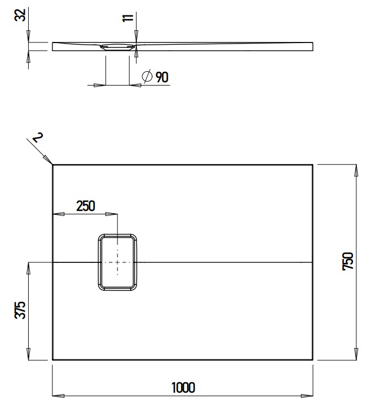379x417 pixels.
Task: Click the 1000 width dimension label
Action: coord(183,388)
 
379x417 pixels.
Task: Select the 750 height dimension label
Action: coord(348,262)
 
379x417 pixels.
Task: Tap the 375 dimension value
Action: coord(20,310)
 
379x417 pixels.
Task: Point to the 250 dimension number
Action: coord(86,206)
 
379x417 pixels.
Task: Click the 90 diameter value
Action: coord(162,77)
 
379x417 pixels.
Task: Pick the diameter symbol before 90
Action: coord(147,77)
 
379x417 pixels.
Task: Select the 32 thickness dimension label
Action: coord(20,15)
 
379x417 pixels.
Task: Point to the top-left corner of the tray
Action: coord(52,165)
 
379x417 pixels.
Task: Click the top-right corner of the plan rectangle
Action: coord(313,165)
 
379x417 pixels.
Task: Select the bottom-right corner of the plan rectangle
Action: coord(313,360)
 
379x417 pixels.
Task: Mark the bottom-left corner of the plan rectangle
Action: coord(52,360)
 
